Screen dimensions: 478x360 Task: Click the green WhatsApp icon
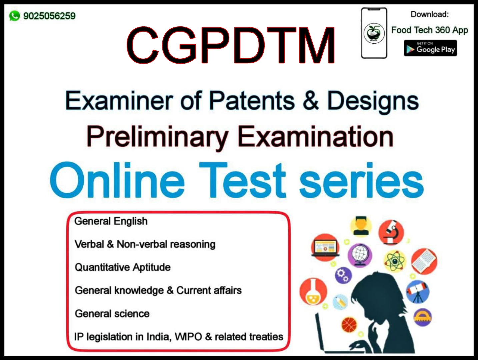(x=14, y=16)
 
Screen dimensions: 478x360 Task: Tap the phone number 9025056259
(x=49, y=16)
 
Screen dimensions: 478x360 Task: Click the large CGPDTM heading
(x=230, y=45)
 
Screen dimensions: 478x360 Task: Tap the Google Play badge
(x=430, y=48)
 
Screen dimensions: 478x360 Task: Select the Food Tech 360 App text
(x=430, y=30)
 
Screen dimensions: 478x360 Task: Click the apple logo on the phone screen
(x=374, y=33)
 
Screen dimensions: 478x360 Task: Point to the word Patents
(x=252, y=101)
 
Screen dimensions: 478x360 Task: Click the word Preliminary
(x=157, y=138)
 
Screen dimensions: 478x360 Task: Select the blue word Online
(x=117, y=180)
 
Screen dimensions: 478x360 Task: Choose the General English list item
(x=111, y=221)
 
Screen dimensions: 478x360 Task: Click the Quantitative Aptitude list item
(x=123, y=267)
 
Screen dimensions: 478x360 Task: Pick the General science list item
(x=112, y=314)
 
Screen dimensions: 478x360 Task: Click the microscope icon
(x=391, y=232)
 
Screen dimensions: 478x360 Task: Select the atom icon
(x=395, y=261)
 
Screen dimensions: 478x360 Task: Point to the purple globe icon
(x=360, y=255)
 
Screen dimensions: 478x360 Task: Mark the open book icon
(x=424, y=261)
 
